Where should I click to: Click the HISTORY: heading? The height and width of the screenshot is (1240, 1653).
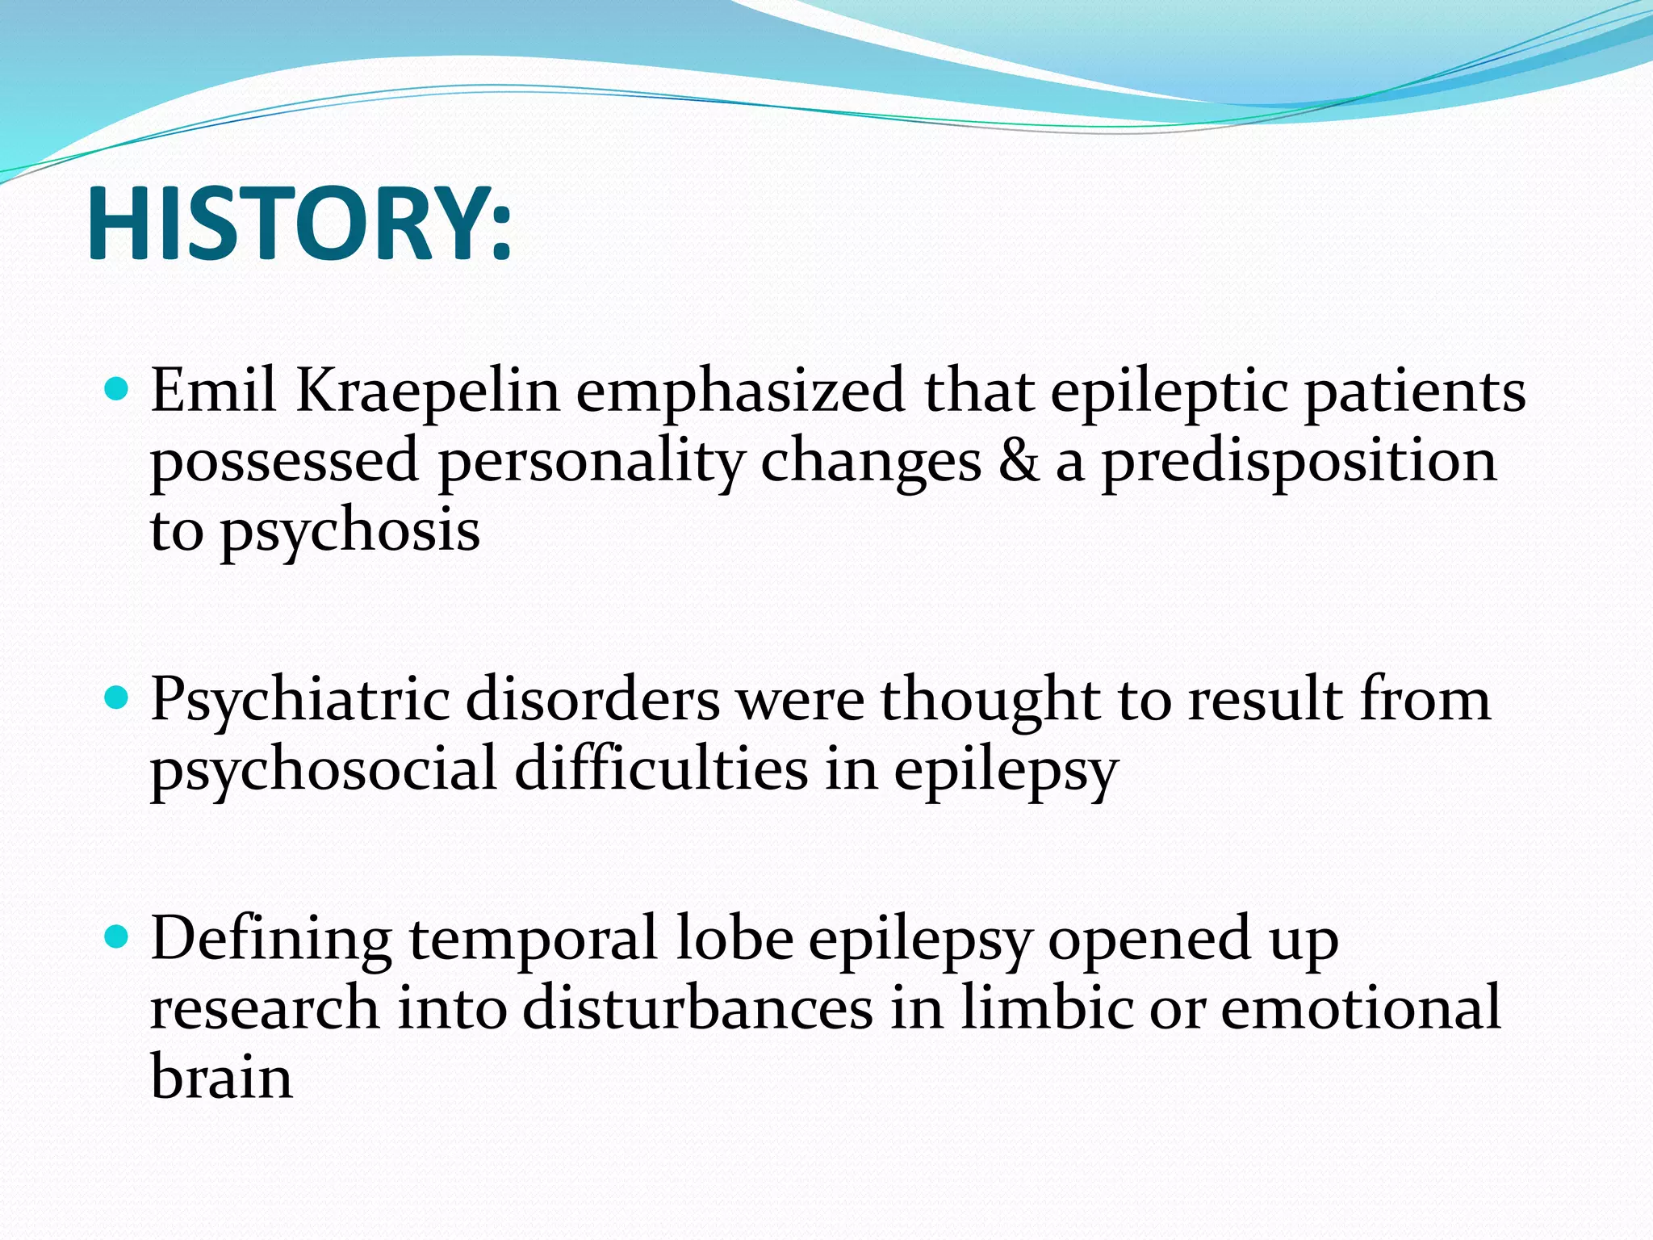299,224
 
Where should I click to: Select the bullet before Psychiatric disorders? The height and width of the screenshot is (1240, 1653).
117,697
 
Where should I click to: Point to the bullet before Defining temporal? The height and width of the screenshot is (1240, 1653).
117,936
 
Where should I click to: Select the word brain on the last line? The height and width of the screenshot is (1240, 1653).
221,1077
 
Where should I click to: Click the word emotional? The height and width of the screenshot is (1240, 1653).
1360,1007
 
